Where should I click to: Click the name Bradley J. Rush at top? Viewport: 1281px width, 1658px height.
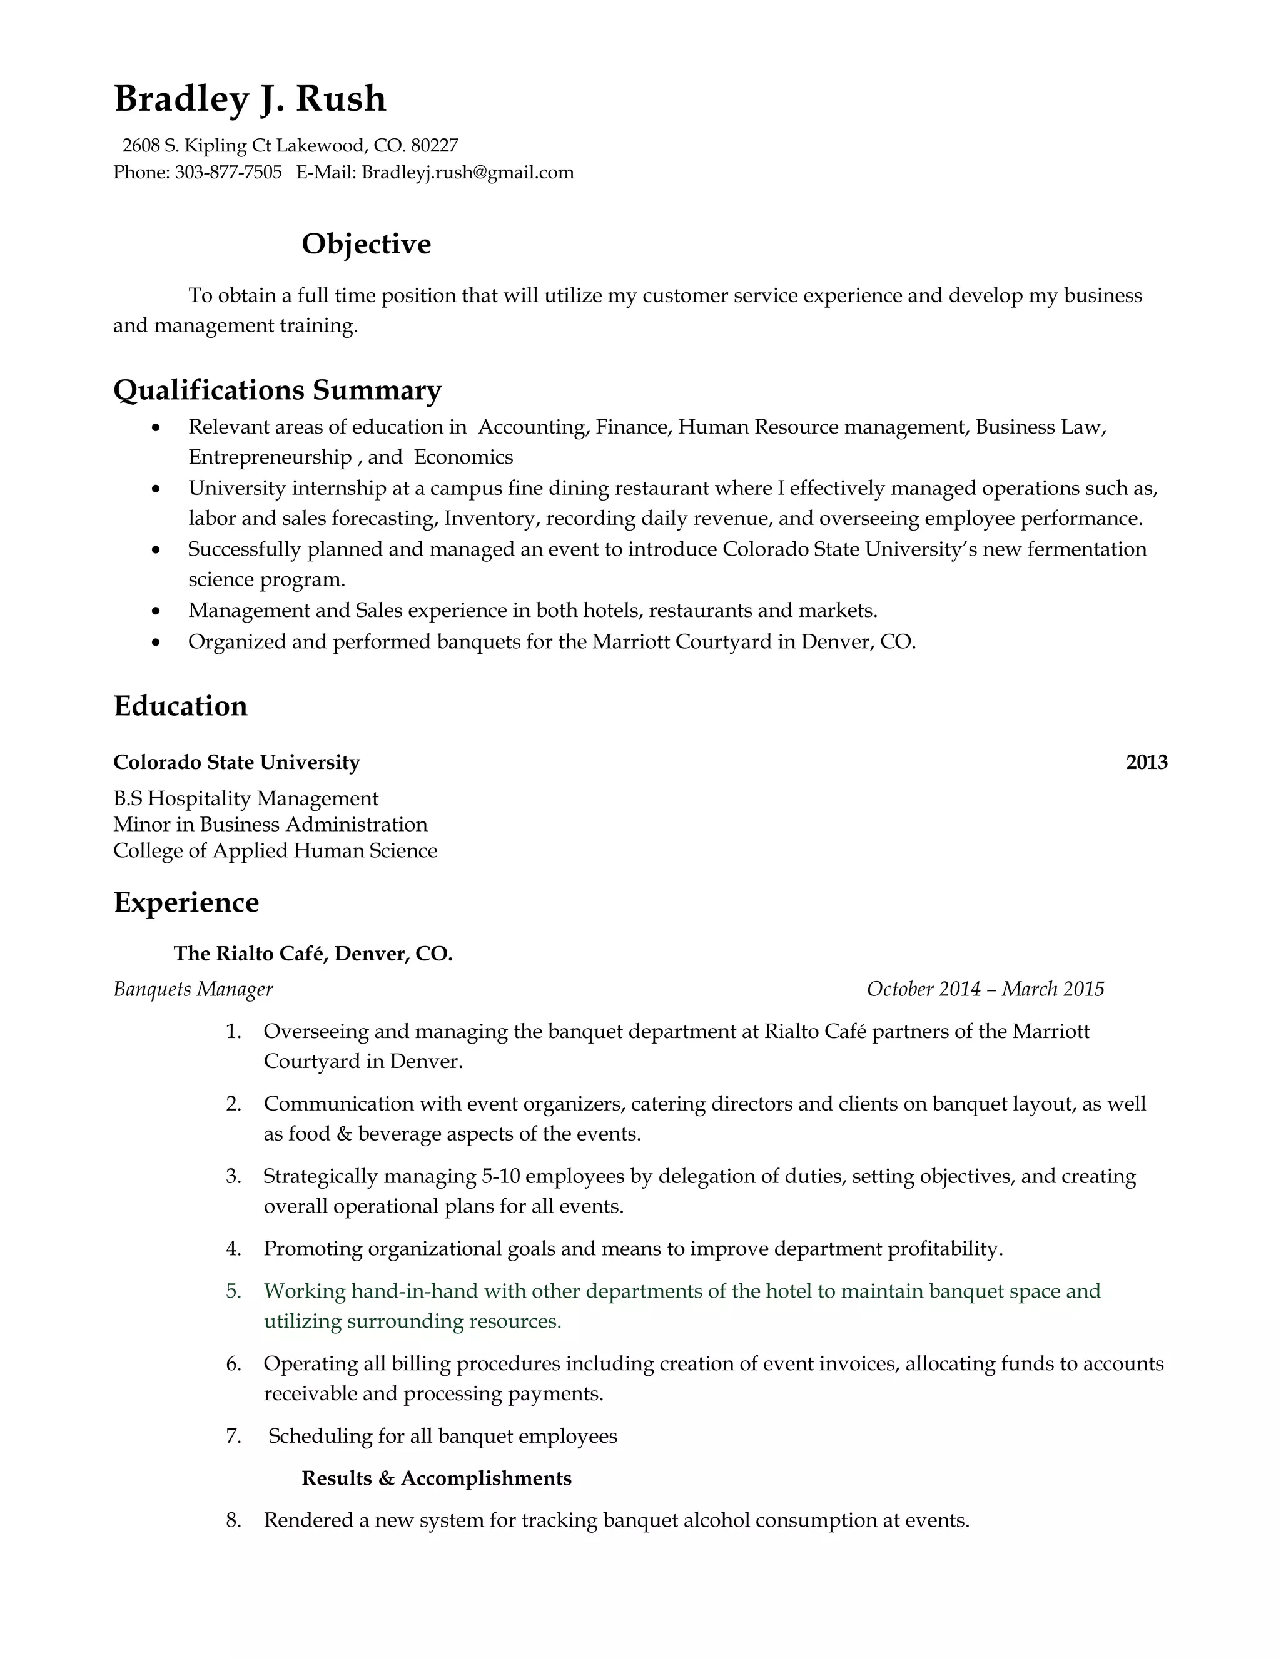[x=250, y=99]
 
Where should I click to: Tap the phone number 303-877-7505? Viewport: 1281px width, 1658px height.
[x=228, y=172]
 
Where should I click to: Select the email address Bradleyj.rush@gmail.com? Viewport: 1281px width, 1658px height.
[x=467, y=172]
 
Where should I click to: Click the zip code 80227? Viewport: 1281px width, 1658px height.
[x=434, y=145]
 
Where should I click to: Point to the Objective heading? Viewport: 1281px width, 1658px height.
[x=366, y=243]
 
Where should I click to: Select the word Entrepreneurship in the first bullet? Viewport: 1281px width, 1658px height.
[x=270, y=457]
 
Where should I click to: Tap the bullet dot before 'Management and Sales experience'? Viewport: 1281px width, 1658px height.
[x=156, y=611]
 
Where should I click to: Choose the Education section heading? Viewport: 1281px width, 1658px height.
[x=181, y=706]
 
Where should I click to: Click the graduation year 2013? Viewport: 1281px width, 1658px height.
[x=1146, y=762]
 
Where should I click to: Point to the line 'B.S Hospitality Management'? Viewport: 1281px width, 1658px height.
[x=245, y=798]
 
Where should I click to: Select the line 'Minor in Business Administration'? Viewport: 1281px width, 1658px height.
[x=270, y=825]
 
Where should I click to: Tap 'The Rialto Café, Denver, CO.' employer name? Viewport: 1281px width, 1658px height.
[x=313, y=954]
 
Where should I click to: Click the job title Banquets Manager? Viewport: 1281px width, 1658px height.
[x=193, y=989]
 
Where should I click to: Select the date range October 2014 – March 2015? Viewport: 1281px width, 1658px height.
[x=985, y=989]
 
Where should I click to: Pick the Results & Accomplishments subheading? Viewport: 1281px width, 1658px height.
[x=437, y=1478]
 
